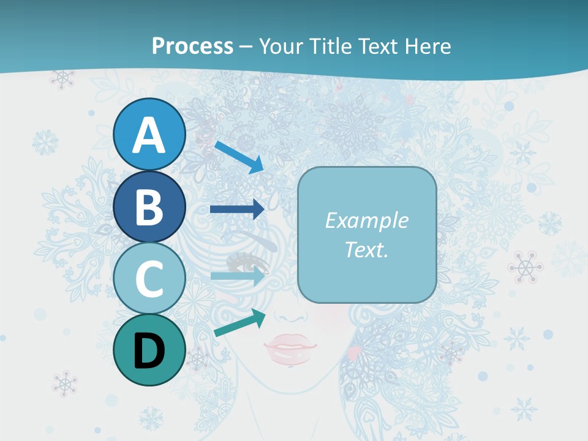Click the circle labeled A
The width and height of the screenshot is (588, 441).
click(x=149, y=135)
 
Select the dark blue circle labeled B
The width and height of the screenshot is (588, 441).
click(x=149, y=207)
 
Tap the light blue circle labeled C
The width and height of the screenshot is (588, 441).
click(x=149, y=279)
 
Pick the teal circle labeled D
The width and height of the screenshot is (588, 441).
click(x=149, y=350)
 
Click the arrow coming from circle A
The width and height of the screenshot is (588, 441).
click(x=239, y=157)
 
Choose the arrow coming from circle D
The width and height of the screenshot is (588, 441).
click(x=239, y=323)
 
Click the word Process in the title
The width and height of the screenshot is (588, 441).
click(x=192, y=46)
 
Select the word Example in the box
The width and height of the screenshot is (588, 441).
click(x=366, y=221)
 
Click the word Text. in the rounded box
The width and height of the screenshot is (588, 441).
click(x=366, y=249)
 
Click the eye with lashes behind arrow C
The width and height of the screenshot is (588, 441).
click(x=248, y=263)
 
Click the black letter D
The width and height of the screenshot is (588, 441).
click(x=149, y=352)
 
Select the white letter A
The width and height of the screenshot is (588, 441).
click(x=149, y=135)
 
